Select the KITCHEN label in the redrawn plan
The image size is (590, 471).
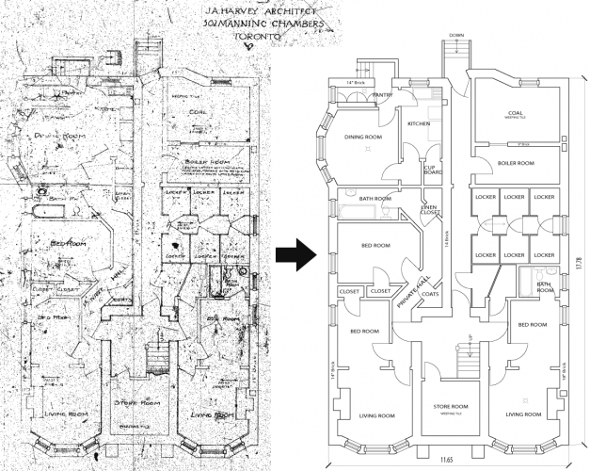[418, 123]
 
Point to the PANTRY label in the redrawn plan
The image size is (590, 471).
[381, 95]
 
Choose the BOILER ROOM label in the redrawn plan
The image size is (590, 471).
[516, 163]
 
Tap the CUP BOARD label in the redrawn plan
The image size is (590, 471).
[432, 169]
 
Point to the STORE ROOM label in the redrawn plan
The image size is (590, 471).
[454, 408]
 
